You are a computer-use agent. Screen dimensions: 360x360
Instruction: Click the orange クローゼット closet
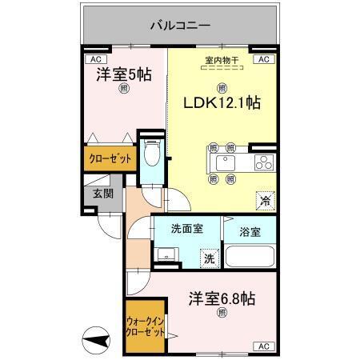[106, 158]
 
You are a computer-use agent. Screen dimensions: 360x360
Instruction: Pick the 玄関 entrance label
[102, 193]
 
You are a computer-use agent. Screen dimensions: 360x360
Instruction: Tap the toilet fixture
[153, 154]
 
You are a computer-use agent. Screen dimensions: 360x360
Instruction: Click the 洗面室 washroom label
[186, 229]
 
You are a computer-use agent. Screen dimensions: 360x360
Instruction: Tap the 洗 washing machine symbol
[208, 259]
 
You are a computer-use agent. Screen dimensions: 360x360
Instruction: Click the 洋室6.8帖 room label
[222, 299]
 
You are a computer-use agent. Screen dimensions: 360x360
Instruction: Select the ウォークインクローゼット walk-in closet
[145, 327]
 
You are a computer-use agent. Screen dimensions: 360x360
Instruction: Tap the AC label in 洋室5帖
[95, 59]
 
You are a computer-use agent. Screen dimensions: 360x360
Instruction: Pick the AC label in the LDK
[263, 59]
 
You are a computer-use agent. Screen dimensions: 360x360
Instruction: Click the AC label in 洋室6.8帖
[262, 346]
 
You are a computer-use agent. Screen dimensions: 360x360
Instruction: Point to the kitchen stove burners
[262, 163]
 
